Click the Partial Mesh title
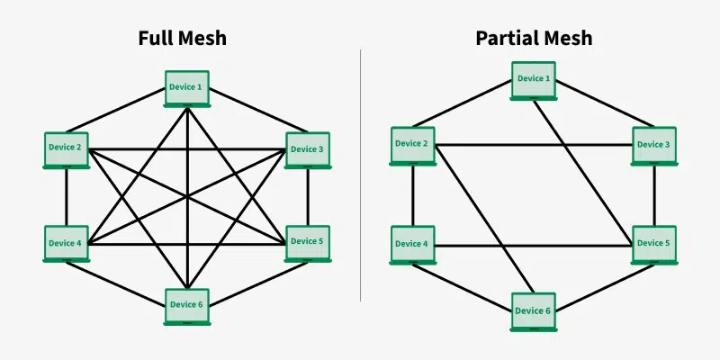[534, 39]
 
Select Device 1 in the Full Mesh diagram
[187, 88]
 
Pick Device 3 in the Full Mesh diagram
[308, 148]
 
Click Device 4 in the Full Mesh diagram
[67, 243]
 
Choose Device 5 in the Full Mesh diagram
[308, 241]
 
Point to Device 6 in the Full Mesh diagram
[187, 305]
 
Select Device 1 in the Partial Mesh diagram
[534, 79]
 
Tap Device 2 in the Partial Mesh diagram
[413, 144]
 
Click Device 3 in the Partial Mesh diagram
[654, 144]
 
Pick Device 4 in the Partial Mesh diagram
[413, 244]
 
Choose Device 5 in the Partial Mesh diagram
[654, 244]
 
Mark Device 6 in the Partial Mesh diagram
[534, 310]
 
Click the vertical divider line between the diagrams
[361, 180]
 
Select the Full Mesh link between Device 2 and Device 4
[67, 197]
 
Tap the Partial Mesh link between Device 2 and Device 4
[413, 195]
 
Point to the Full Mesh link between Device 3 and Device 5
[308, 197]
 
